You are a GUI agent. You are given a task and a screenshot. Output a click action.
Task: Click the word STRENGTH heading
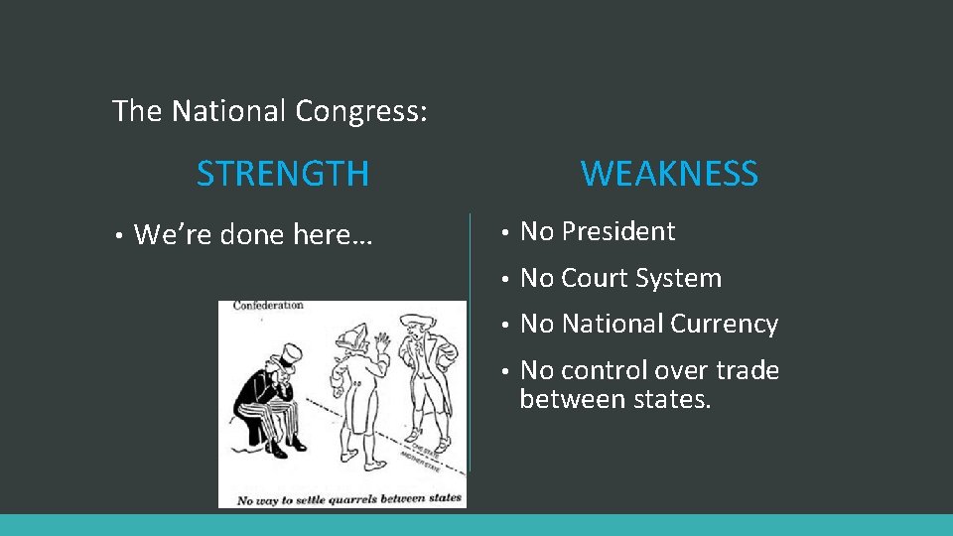click(x=283, y=174)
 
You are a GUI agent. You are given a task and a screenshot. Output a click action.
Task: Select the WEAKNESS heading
click(x=669, y=174)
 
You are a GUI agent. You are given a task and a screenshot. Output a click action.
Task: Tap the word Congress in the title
click(x=361, y=111)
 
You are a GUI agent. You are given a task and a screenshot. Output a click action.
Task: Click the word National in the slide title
click(x=229, y=111)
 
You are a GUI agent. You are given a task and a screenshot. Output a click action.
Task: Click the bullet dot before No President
click(x=505, y=232)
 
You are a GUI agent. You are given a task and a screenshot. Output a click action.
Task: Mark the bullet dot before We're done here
click(x=118, y=236)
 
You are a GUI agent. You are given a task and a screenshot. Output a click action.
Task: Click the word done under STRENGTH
click(x=252, y=235)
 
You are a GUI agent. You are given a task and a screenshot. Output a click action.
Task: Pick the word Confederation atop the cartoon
click(x=268, y=306)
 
